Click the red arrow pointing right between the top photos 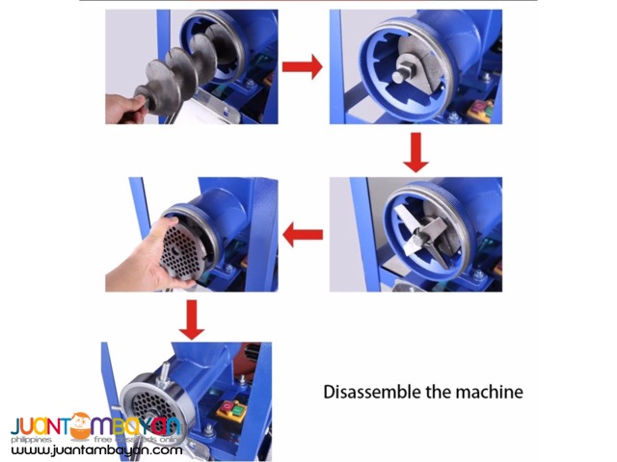pos(303,67)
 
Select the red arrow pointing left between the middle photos pos(303,232)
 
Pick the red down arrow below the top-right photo pos(416,151)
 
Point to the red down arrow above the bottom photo pos(193,319)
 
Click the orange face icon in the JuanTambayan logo pos(80,424)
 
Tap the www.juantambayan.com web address pos(96,449)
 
